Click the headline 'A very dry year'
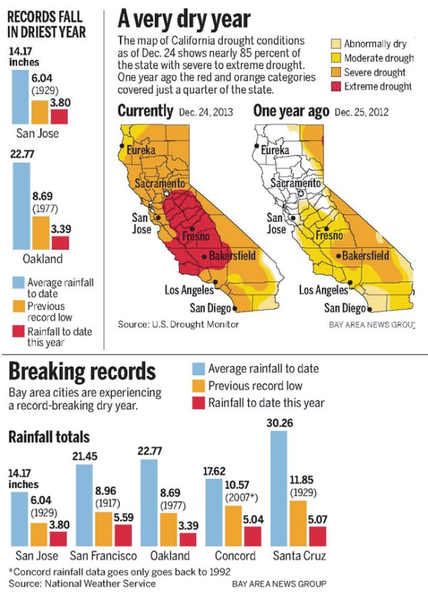tap(185, 19)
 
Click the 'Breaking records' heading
tap(81, 372)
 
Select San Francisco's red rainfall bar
tap(123, 535)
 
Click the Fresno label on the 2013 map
tap(196, 235)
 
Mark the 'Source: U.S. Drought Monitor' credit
tap(177, 325)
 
